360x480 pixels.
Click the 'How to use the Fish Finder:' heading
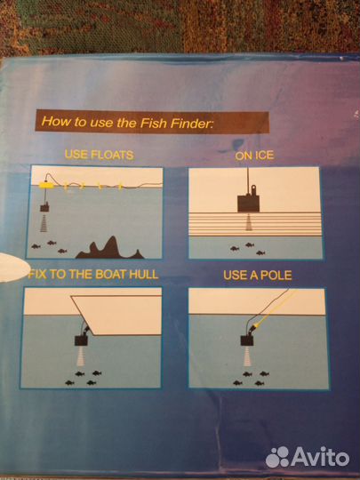[x=127, y=122]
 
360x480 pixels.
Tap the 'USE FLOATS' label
[x=100, y=155]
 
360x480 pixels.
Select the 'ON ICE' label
[x=254, y=156]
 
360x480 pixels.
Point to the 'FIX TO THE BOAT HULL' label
[x=93, y=275]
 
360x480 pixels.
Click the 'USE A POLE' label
[x=258, y=276]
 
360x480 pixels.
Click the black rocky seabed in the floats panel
[x=110, y=249]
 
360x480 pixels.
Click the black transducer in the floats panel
[x=45, y=207]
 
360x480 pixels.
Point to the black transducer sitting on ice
[x=248, y=203]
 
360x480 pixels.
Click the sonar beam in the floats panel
[x=44, y=223]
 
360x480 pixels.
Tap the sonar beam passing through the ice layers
[x=249, y=222]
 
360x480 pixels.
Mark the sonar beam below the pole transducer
[x=247, y=356]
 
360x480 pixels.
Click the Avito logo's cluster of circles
[x=277, y=457]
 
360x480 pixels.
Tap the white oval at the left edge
[x=12, y=268]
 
